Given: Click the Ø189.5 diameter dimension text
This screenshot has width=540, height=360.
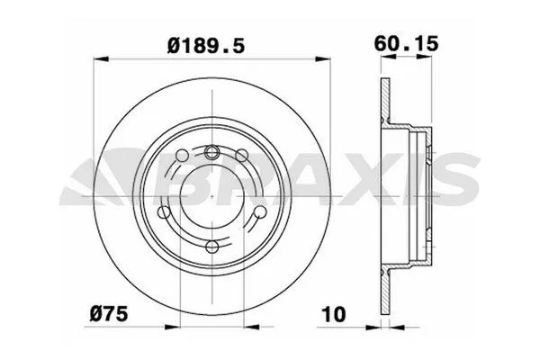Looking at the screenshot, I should tap(209, 41).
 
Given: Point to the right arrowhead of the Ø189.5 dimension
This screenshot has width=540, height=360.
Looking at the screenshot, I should tap(321, 60).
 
